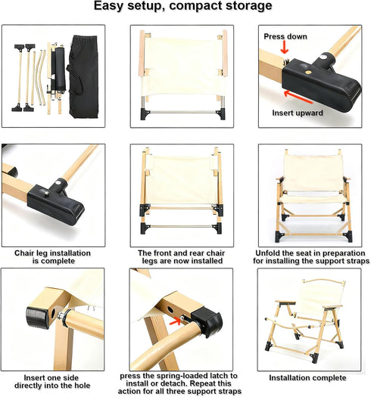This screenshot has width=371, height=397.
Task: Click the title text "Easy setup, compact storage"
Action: [182, 6]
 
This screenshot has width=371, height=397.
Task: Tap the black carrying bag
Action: [83, 76]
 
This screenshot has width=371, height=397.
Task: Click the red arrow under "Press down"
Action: [285, 48]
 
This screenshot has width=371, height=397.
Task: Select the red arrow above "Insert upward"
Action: [298, 97]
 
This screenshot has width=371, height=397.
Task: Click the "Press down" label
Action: [285, 36]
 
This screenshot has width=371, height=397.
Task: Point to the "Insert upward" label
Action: [298, 113]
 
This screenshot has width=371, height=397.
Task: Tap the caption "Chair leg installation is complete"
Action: [52, 257]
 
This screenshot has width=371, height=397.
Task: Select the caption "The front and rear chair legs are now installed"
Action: [182, 257]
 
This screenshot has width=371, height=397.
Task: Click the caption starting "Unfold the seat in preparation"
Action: [311, 257]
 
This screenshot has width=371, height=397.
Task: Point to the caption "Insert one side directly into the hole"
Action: [52, 382]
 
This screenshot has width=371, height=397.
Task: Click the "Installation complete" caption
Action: [307, 378]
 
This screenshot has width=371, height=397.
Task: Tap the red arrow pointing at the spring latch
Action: [174, 321]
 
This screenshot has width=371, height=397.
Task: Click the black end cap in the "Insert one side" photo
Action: [38, 318]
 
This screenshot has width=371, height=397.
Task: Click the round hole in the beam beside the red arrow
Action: [170, 309]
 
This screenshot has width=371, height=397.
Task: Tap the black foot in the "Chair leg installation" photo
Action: [56, 204]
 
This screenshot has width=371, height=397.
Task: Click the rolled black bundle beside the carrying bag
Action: [60, 69]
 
